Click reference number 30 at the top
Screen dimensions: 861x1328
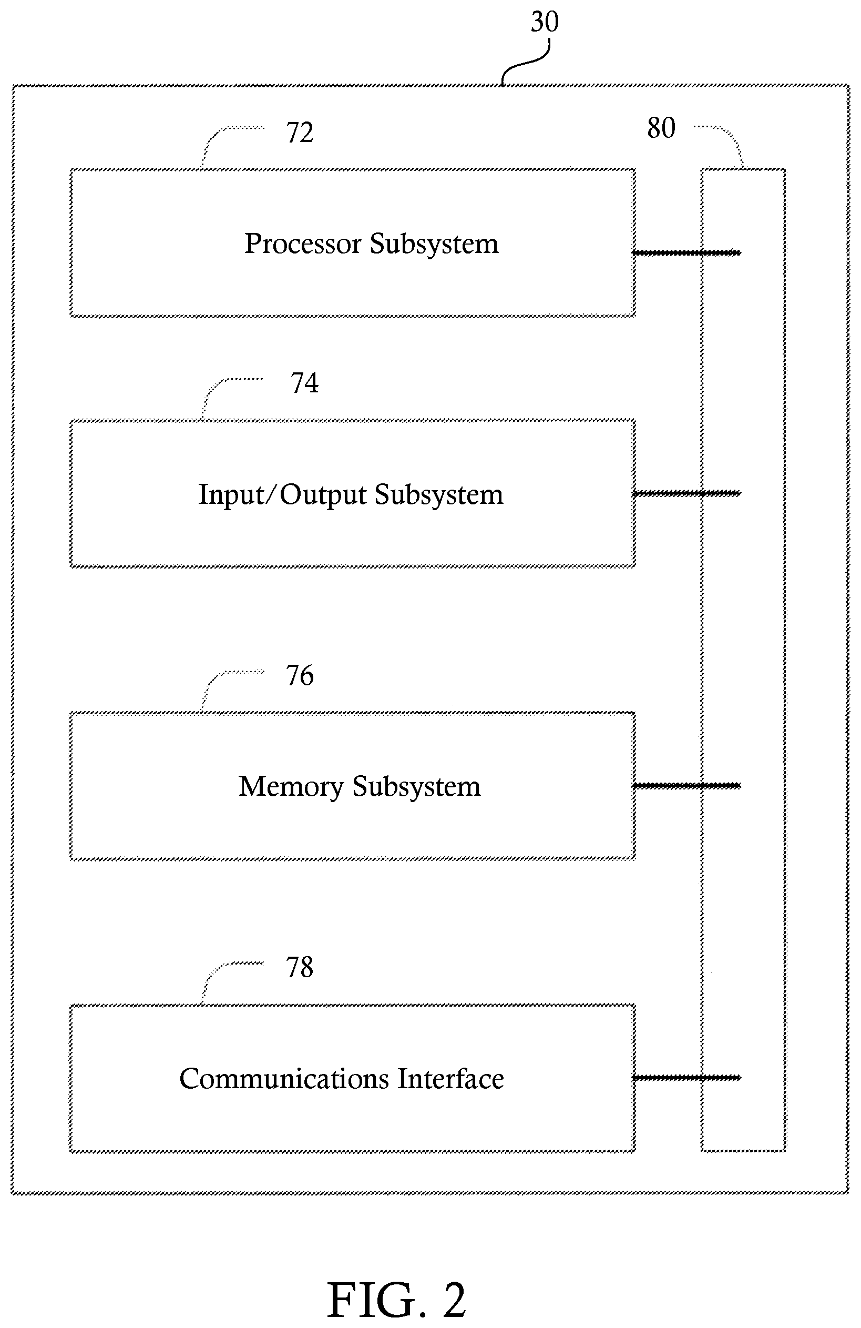(544, 22)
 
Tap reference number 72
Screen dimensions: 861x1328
(300, 133)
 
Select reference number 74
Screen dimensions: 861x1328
(304, 383)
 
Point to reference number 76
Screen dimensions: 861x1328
(300, 675)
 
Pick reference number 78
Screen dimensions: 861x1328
(300, 968)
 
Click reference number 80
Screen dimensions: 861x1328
(661, 128)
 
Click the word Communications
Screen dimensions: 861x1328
(284, 1079)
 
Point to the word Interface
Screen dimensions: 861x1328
(450, 1079)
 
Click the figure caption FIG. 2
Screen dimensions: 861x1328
(396, 1300)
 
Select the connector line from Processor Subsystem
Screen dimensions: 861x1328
(686, 253)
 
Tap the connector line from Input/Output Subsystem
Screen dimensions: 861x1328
(686, 493)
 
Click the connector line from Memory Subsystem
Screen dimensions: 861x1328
(686, 786)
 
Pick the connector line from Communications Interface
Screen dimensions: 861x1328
(686, 1078)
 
